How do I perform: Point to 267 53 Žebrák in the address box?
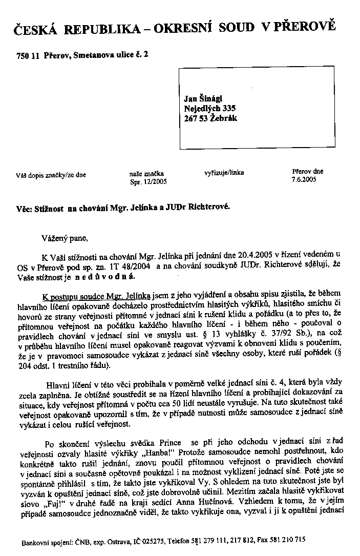click(210, 118)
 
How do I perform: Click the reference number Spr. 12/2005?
click(149, 181)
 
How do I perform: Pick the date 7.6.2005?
click(304, 179)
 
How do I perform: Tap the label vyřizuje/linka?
click(224, 173)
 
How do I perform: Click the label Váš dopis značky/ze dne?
click(51, 175)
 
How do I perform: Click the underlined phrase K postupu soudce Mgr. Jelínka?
click(96, 296)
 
